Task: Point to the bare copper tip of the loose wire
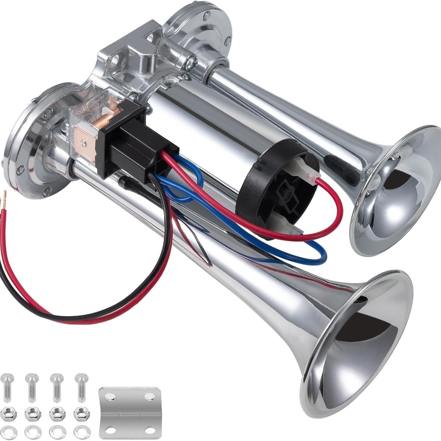tap(4, 195)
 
